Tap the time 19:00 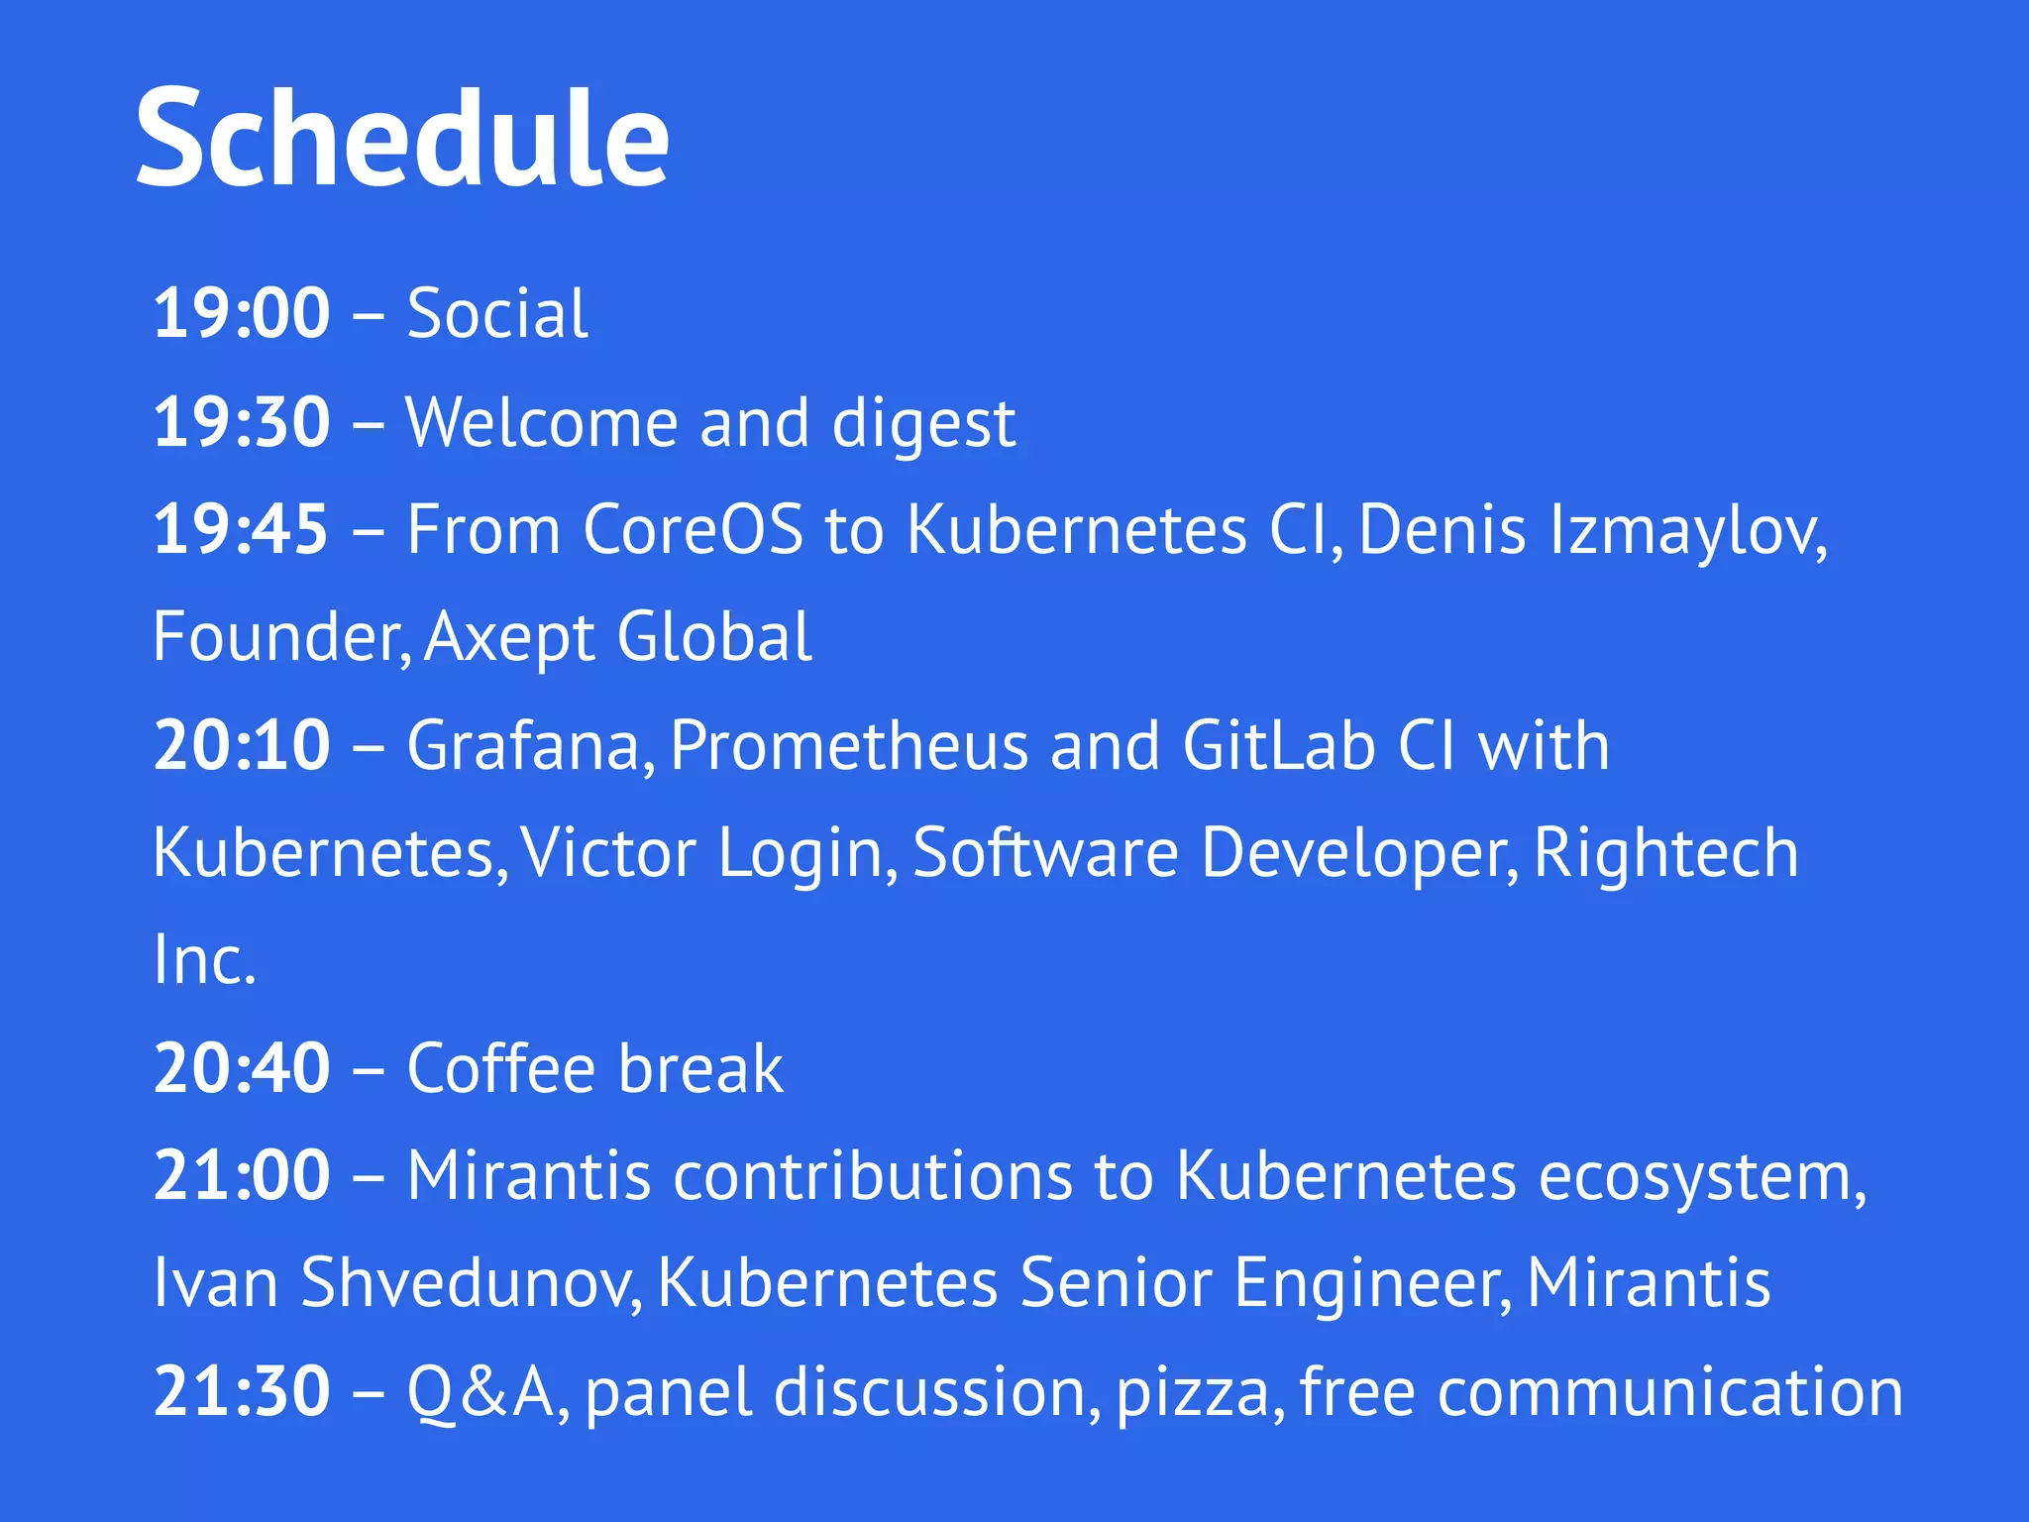tap(241, 314)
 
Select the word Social tap(497, 314)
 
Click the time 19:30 tap(241, 423)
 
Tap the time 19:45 tap(241, 529)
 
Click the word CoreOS tap(693, 529)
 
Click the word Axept tap(507, 638)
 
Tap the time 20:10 tap(241, 745)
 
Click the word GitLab tap(1279, 745)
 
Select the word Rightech tap(1665, 852)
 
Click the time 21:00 tap(241, 1176)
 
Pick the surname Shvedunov tap(472, 1283)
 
